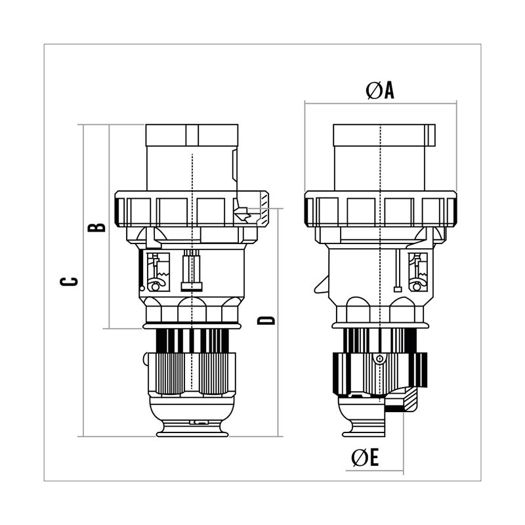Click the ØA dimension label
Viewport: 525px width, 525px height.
point(380,91)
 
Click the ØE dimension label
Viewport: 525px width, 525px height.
point(365,457)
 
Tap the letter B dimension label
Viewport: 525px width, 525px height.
point(96,227)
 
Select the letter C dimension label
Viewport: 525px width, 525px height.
point(69,282)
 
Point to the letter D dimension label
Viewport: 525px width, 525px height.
point(266,320)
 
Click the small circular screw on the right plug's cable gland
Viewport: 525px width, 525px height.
point(380,359)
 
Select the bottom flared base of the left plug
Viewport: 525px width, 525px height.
point(192,430)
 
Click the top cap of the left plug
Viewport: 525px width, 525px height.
point(192,135)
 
